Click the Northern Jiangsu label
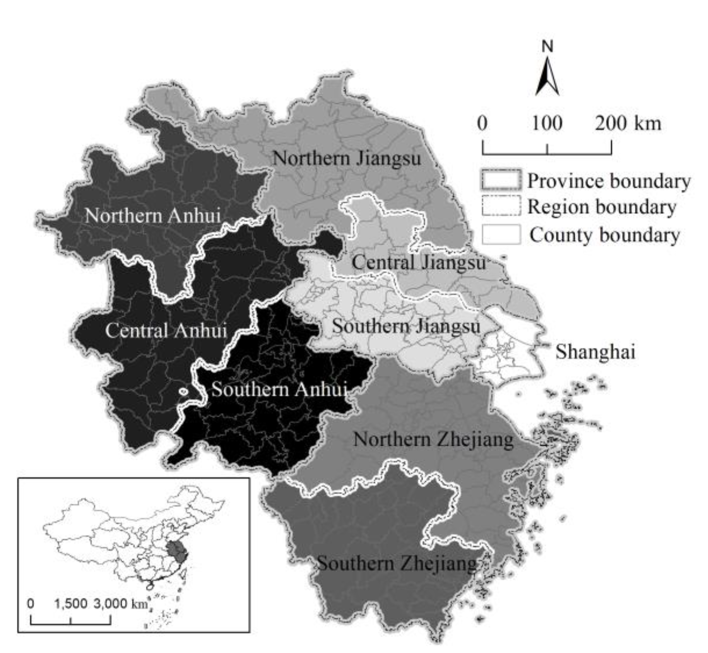[x=347, y=158]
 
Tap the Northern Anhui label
[x=152, y=215]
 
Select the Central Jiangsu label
[x=418, y=263]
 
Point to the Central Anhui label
[x=166, y=331]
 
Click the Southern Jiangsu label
[x=406, y=326]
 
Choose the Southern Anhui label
[x=279, y=389]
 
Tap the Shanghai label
[x=595, y=352]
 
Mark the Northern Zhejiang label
[x=433, y=439]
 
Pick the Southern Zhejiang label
[x=397, y=563]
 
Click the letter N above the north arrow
[x=547, y=46]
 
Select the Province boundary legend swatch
[x=501, y=180]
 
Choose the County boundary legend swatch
[x=501, y=234]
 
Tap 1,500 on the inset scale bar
[x=71, y=603]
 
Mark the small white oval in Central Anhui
[x=183, y=391]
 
